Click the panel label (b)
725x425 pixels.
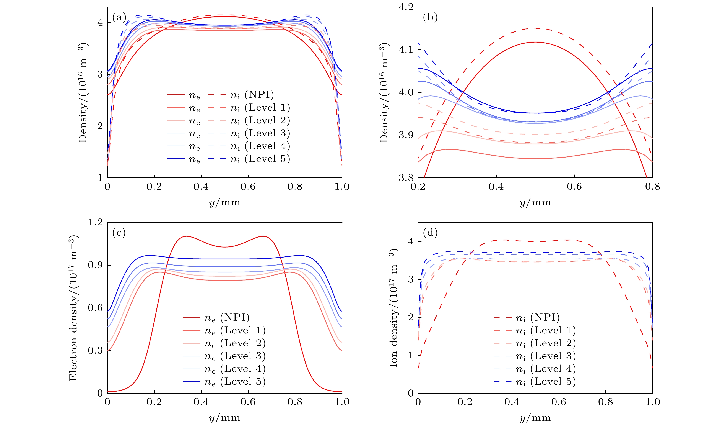[430, 18]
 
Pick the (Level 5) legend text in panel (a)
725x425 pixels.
[267, 159]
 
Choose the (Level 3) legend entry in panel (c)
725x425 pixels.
[242, 356]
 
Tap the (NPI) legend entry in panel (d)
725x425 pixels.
[545, 318]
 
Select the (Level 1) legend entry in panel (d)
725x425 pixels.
[553, 330]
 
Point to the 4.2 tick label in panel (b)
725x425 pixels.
[406, 7]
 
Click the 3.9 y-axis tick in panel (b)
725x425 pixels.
[406, 135]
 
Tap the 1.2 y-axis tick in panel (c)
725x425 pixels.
[95, 222]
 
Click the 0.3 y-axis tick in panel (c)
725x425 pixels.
[95, 351]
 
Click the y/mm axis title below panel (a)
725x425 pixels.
[225, 203]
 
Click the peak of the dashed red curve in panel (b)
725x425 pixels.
[535, 28]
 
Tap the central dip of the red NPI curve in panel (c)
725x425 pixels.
[225, 247]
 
